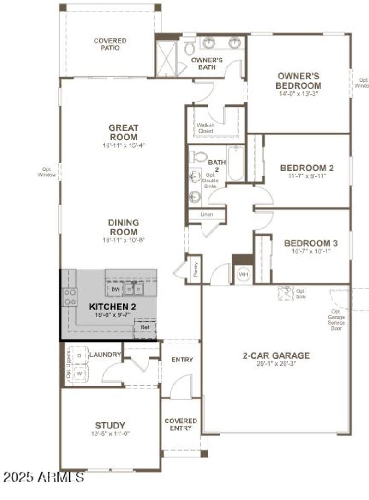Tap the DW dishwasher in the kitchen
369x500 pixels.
tap(115, 289)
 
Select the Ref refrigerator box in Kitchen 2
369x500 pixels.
tap(145, 327)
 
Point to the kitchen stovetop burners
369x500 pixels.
tap(70, 297)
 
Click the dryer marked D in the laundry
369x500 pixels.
tap(79, 356)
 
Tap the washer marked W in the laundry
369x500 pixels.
tap(79, 372)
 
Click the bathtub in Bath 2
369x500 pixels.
tap(235, 164)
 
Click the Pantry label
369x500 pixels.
tap(196, 269)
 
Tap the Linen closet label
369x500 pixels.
tap(206, 215)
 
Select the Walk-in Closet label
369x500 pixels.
tap(206, 128)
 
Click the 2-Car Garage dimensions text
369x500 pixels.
tap(276, 363)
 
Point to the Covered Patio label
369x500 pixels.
tap(110, 44)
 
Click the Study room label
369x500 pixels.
tap(110, 425)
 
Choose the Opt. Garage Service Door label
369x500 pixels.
tap(336, 319)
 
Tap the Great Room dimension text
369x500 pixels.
tap(124, 145)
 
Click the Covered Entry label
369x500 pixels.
tap(181, 424)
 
